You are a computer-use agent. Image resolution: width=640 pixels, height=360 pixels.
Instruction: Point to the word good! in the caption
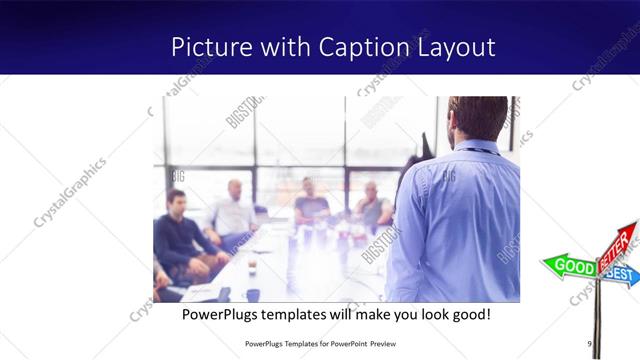tap(467, 314)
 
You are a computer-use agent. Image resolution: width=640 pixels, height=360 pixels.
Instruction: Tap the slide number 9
tap(590, 345)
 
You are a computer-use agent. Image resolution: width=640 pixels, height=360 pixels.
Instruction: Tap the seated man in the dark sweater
tap(180, 235)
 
